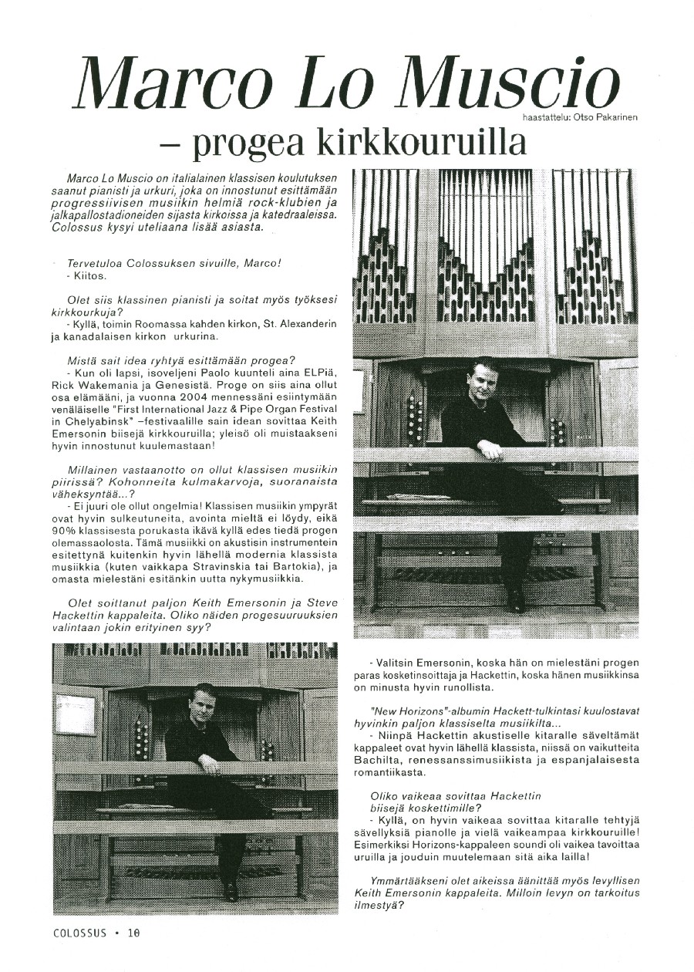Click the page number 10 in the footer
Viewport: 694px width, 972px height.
coord(135,932)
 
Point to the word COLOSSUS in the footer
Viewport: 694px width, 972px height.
coord(80,932)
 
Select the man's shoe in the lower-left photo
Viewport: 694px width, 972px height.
coord(229,893)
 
